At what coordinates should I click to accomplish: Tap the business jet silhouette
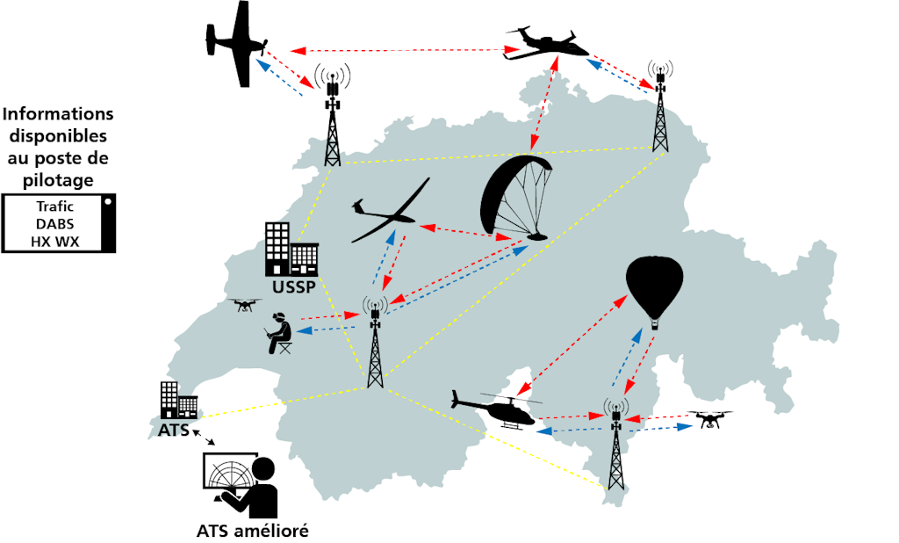tap(546, 45)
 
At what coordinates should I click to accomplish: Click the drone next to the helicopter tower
tap(709, 419)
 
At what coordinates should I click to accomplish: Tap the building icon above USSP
tap(290, 250)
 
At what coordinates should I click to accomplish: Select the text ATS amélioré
tap(253, 531)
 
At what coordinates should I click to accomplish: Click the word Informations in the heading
tap(58, 114)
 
